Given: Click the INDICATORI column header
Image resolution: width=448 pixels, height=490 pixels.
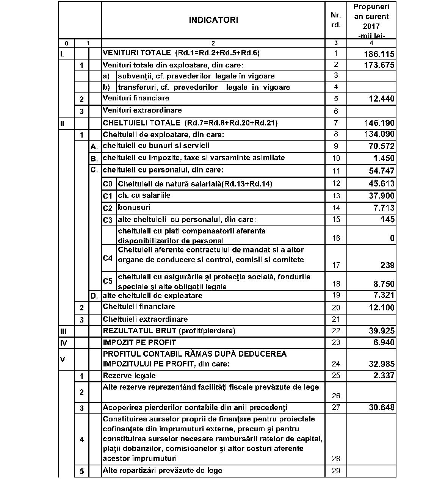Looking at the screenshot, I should [x=213, y=20].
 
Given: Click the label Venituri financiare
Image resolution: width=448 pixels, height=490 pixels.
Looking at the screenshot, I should [x=136, y=98].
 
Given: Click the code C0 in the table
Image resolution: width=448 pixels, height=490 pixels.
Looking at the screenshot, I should [x=108, y=184].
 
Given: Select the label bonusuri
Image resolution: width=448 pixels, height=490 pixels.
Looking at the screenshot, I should [x=134, y=207].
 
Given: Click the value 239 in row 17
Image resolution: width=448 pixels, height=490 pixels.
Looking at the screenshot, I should [x=387, y=265].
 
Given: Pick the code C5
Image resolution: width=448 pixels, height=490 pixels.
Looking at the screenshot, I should [x=108, y=281].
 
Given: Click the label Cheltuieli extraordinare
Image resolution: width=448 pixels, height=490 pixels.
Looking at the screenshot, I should [x=145, y=319].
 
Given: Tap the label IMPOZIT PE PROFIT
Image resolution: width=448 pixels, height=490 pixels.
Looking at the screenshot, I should [x=139, y=343].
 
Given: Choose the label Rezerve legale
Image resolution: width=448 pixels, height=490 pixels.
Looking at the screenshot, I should [x=129, y=376].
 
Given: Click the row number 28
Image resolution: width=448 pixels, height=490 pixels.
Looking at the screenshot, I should [x=336, y=459].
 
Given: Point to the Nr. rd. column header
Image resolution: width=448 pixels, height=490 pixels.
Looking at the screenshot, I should [x=336, y=20].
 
